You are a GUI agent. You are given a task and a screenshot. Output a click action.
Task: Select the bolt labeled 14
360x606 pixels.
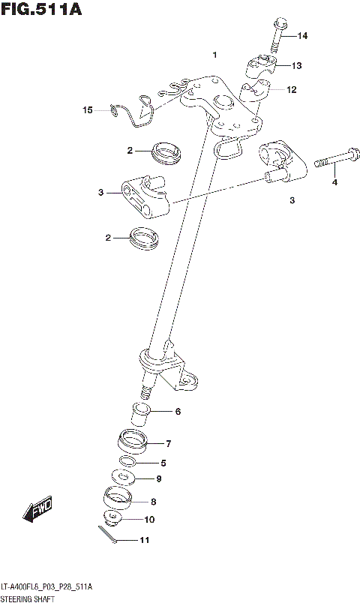click(x=275, y=36)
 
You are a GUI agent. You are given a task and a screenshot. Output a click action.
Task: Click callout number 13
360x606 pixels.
click(x=297, y=66)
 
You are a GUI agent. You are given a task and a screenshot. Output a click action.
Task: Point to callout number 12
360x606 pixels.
click(x=291, y=90)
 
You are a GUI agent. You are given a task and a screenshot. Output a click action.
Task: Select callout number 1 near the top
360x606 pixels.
click(x=214, y=55)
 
